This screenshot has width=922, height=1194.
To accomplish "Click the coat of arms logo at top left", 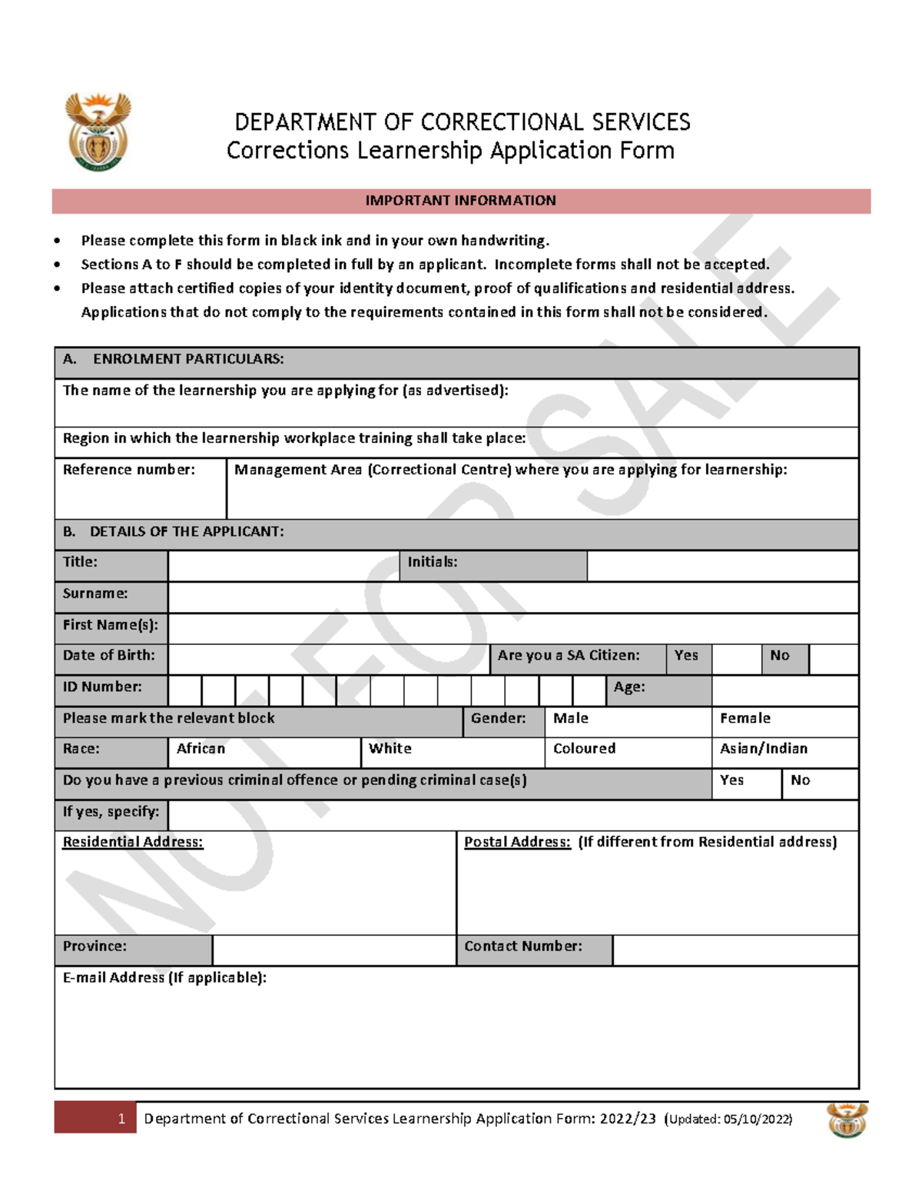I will click(x=98, y=131).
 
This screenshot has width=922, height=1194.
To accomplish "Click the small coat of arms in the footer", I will click(x=847, y=1119).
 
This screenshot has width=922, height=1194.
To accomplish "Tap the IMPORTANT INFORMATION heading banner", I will click(x=461, y=201).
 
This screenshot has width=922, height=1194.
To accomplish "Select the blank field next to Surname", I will click(x=512, y=597).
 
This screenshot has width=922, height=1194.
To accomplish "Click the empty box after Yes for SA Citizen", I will click(x=736, y=659).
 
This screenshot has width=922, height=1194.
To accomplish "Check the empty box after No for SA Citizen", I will click(x=834, y=659).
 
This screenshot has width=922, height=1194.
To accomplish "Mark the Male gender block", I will click(x=628, y=721).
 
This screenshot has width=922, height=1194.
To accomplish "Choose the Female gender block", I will click(x=784, y=721).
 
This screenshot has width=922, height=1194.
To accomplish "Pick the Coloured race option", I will click(x=628, y=752).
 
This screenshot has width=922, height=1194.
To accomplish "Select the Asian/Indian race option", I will click(x=784, y=752).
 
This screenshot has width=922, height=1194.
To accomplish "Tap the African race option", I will click(x=264, y=752).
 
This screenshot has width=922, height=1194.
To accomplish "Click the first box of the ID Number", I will click(x=184, y=690).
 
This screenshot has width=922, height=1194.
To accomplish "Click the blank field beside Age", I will click(x=784, y=690).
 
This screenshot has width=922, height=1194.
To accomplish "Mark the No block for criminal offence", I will click(x=820, y=783).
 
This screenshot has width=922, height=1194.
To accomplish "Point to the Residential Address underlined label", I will click(x=133, y=842).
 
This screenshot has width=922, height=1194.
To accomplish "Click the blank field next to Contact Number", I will click(x=735, y=950).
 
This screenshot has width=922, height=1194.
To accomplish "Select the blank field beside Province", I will click(x=333, y=950).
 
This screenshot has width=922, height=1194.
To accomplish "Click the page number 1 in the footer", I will click(x=121, y=1119).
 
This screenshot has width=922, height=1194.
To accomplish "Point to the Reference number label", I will click(x=128, y=470).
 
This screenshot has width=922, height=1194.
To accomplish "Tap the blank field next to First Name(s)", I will click(x=512, y=628).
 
